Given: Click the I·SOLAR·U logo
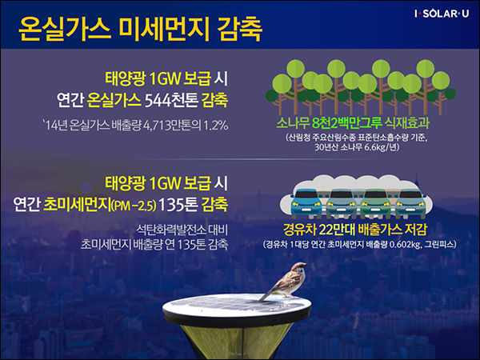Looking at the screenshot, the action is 442,14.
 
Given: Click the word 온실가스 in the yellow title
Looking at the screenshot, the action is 64,30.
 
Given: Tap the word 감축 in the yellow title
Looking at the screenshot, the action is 240,30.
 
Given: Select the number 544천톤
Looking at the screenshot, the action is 171,100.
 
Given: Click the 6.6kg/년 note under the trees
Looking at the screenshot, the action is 382,147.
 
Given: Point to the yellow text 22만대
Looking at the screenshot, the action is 336,230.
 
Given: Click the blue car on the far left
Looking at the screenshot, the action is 306,202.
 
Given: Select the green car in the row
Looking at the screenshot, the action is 376,203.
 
